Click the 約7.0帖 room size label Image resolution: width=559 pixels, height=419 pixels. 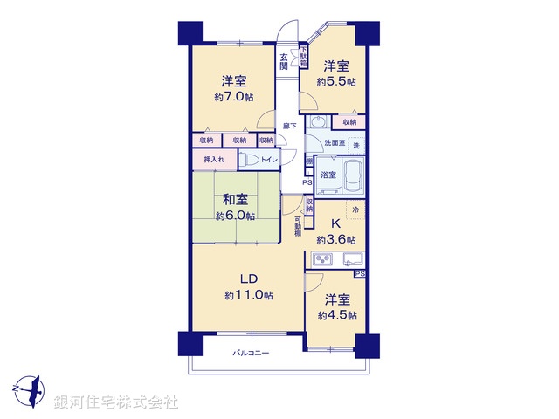point(232,97)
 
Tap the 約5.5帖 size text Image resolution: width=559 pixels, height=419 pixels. point(338,81)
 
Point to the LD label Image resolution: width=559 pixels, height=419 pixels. point(249,278)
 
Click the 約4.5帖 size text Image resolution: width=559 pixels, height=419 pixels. point(337,314)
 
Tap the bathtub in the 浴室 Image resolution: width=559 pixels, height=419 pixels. point(353,174)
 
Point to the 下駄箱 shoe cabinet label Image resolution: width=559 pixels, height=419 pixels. point(303,56)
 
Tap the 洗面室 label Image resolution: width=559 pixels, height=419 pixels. point(335,142)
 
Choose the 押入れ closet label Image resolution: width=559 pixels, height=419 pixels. point(214,159)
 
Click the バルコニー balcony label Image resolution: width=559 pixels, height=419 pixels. point(251,353)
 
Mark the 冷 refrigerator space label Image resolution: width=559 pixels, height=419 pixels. point(355,209)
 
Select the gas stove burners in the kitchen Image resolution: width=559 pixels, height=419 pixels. point(321,260)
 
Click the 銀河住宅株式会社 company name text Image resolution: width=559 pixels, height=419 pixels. point(116,402)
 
